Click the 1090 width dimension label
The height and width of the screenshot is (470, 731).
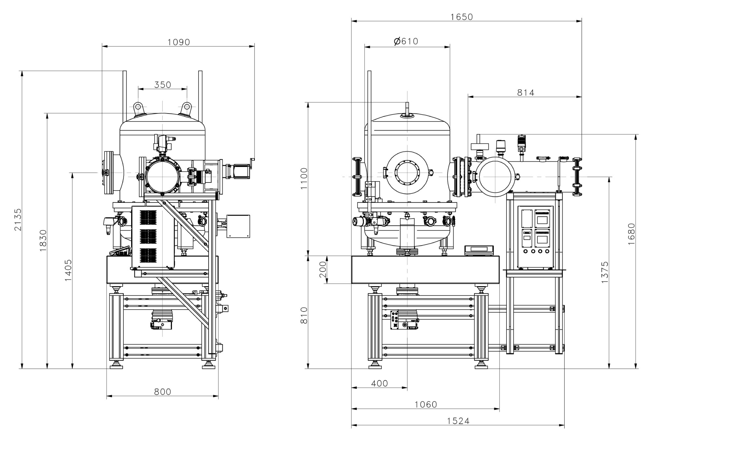(x=178, y=42)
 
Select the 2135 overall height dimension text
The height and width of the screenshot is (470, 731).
(x=18, y=220)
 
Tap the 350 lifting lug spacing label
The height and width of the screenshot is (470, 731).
(x=162, y=85)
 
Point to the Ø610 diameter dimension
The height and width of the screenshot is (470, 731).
(x=406, y=41)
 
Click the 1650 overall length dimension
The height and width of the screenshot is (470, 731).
(x=462, y=17)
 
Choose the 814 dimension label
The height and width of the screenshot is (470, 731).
(x=526, y=93)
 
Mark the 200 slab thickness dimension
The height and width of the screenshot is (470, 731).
(x=322, y=269)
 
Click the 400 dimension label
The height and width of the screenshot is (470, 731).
(x=379, y=383)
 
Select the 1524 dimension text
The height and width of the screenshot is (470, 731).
(x=458, y=421)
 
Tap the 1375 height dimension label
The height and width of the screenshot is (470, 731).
(x=605, y=272)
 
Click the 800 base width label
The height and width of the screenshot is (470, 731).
(x=162, y=392)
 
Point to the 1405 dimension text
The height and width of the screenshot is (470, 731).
(x=68, y=270)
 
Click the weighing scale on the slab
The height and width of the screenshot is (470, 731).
(x=478, y=250)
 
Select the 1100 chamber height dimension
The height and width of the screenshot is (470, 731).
(x=304, y=179)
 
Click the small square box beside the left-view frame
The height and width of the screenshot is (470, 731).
(x=238, y=226)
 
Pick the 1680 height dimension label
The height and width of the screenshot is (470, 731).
(x=631, y=234)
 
